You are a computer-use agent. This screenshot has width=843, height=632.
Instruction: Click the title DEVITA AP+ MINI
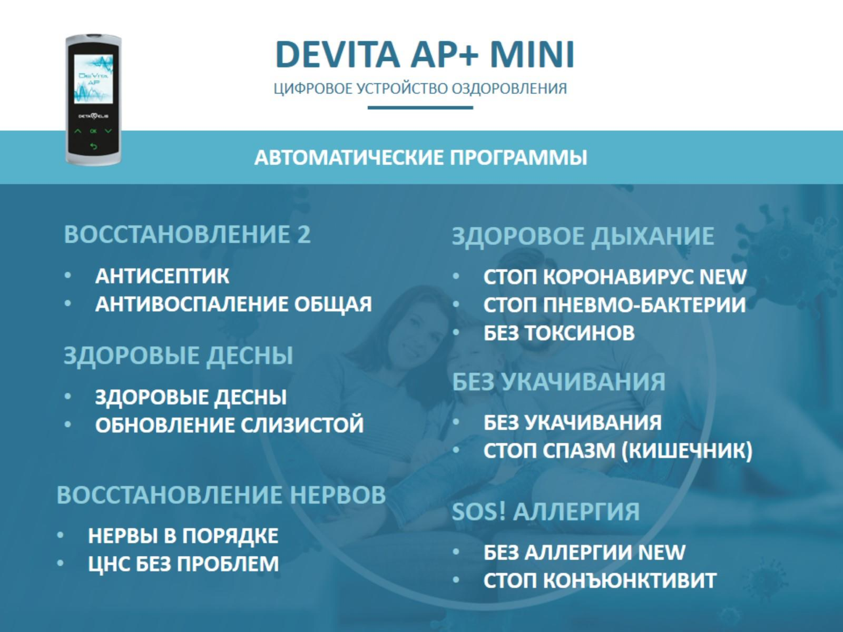(x=424, y=54)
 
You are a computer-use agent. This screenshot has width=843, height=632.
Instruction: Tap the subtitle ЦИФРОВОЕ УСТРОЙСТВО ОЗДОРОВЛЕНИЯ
(x=420, y=89)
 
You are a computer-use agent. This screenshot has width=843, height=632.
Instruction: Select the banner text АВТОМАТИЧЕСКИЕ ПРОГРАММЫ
(x=421, y=158)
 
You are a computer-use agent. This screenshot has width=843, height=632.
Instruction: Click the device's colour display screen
(x=94, y=78)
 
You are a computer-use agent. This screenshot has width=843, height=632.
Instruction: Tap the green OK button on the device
(x=93, y=131)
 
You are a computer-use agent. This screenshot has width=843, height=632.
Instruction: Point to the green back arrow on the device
(x=93, y=147)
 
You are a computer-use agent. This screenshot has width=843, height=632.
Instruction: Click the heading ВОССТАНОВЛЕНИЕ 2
(x=187, y=234)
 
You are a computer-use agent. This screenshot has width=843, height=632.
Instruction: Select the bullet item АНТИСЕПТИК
(x=162, y=276)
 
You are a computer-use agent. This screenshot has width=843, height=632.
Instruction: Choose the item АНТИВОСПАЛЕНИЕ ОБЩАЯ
(x=234, y=304)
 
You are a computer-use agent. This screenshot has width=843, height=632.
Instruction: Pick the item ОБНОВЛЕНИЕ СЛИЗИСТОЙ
(x=229, y=425)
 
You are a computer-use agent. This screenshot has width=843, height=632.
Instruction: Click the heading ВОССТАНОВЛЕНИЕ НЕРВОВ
(x=221, y=495)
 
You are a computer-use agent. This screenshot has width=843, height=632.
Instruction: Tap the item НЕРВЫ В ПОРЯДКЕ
(x=183, y=536)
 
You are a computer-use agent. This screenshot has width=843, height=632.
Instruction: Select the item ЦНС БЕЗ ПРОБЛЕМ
(x=183, y=564)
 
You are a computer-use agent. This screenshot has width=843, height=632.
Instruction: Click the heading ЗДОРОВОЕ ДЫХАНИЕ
(x=583, y=236)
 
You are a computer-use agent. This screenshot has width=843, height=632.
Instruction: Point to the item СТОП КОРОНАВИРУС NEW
(x=615, y=277)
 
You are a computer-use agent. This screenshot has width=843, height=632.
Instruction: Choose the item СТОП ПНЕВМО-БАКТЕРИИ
(x=615, y=305)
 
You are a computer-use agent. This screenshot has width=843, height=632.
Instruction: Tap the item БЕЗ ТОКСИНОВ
(x=559, y=333)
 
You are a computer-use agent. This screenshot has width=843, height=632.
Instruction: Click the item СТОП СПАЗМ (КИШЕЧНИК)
(x=617, y=451)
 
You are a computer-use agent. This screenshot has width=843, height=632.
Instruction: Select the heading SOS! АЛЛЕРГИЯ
(x=546, y=511)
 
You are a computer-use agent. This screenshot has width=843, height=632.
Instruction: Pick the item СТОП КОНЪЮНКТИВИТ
(x=600, y=581)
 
